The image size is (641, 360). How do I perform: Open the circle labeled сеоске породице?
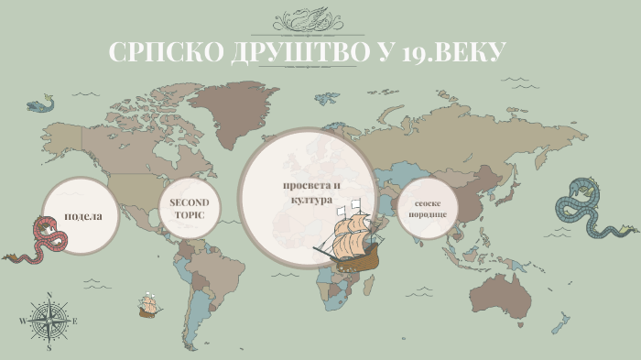click(429, 213)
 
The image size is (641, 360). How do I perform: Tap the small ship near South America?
click(148, 305)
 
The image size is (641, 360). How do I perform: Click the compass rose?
click(49, 321)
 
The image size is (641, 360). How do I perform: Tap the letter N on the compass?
click(49, 295)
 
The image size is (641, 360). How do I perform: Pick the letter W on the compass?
click(21, 322)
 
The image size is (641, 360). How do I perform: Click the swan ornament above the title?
click(320, 18)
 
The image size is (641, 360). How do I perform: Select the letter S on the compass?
click(49, 348)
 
